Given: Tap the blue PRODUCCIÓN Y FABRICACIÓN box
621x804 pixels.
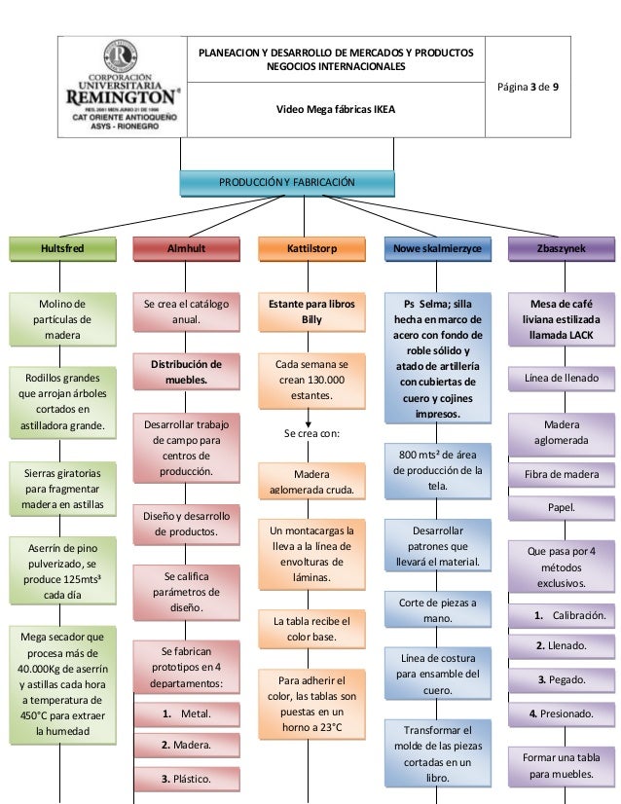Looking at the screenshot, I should click(x=286, y=182).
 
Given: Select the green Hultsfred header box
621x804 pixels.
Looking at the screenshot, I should click(x=61, y=248).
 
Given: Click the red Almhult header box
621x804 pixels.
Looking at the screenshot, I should click(x=186, y=248).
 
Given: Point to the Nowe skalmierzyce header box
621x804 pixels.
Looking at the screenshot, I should click(x=437, y=248).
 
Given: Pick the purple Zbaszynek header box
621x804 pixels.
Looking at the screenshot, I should click(x=562, y=248).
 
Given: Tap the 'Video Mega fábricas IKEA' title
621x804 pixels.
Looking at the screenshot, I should click(x=336, y=109).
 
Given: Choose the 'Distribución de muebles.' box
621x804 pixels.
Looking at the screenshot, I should click(x=186, y=372).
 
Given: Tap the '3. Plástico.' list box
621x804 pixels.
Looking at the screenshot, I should click(x=187, y=779).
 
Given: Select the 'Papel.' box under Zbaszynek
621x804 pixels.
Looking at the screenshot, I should click(x=562, y=507).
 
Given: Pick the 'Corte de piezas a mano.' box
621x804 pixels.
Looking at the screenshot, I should click(x=437, y=611).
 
